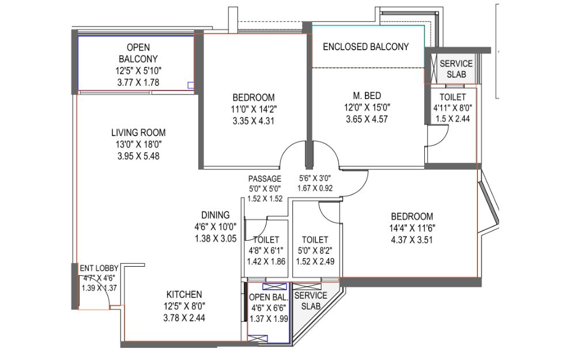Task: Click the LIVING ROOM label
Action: click(x=138, y=132)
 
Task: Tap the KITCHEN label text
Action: click(x=184, y=294)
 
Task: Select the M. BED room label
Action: click(x=367, y=96)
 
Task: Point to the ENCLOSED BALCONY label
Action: click(x=366, y=47)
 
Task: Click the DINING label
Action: click(x=216, y=215)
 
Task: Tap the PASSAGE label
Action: click(x=265, y=179)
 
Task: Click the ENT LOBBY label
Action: click(x=99, y=268)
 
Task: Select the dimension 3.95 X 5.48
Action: click(x=138, y=156)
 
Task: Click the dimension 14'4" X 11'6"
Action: click(x=412, y=228)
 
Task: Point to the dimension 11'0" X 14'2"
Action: click(x=254, y=109)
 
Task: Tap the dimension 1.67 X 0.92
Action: click(x=315, y=188)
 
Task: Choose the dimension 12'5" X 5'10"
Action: click(x=138, y=71)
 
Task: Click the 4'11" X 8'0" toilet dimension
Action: click(x=452, y=108)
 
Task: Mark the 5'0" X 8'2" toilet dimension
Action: click(x=315, y=251)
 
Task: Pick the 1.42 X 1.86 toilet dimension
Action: click(x=266, y=262)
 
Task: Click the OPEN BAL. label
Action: click(x=269, y=297)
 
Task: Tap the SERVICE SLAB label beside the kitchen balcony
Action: click(x=311, y=301)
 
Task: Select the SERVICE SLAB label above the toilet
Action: click(x=457, y=69)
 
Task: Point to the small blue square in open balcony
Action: click(x=191, y=85)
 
